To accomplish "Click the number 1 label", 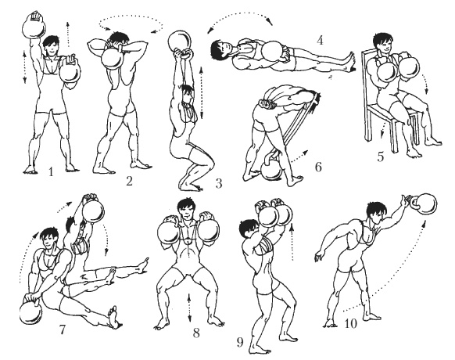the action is click(x=51, y=172).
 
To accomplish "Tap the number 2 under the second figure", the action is click(x=129, y=181).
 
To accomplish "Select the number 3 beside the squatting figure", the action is click(x=219, y=183).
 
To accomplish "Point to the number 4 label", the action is click(x=320, y=40).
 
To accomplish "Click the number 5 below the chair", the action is click(x=381, y=157).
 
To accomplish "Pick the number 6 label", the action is click(x=318, y=167).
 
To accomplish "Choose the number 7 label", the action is click(x=62, y=329).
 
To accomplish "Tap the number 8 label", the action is click(x=196, y=333).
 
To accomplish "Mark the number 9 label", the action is click(x=240, y=343).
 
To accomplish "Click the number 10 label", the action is click(x=350, y=323).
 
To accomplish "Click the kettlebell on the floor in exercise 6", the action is click(x=271, y=168).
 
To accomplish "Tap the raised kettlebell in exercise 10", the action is click(x=424, y=204).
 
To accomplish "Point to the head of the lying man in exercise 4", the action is click(x=219, y=49).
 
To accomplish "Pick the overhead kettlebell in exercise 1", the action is click(x=34, y=26).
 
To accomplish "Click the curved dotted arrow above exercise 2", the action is click(x=131, y=24).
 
